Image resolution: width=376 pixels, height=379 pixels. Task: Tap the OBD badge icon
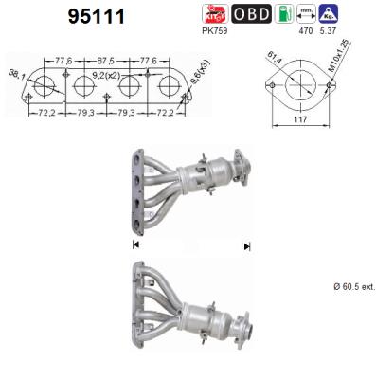tap(252, 13)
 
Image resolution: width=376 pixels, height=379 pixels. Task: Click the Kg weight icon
tap(330, 13)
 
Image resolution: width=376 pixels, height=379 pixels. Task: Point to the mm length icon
tap(306, 13)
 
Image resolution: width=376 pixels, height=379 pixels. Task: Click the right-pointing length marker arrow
tap(246, 245)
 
